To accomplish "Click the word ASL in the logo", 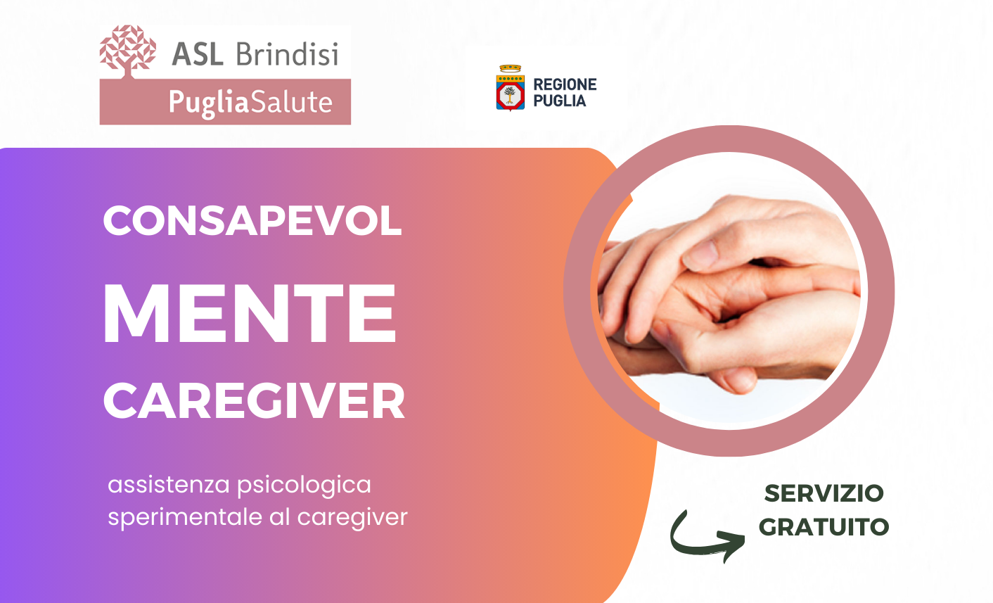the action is tap(198, 54).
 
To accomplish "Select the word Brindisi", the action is tap(287, 53).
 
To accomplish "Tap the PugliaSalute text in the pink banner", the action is tap(250, 103).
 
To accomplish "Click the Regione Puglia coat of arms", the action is tap(511, 88).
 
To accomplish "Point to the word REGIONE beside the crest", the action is tap(565, 84).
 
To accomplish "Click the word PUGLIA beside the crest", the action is tap(560, 101).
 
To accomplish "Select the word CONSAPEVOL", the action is tap(252, 220).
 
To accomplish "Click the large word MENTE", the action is tap(249, 313).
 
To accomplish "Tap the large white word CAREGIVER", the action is tap(254, 401).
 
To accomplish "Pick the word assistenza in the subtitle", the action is tap(169, 485).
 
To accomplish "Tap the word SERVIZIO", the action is tap(824, 493).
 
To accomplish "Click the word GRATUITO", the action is tap(824, 527).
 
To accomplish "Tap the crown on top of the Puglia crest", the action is tap(511, 68).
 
